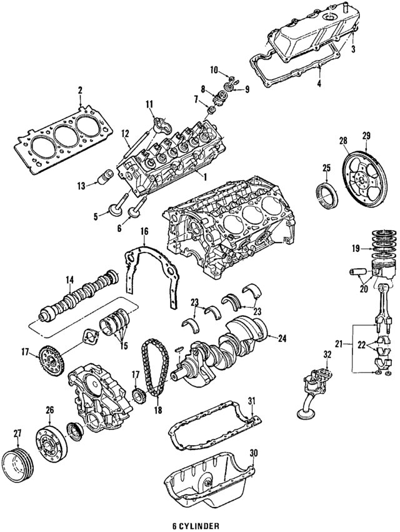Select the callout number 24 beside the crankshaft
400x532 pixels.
tap(282, 338)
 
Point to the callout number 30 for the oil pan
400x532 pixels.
tap(253, 453)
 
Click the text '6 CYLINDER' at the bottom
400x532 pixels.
tap(199, 526)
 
